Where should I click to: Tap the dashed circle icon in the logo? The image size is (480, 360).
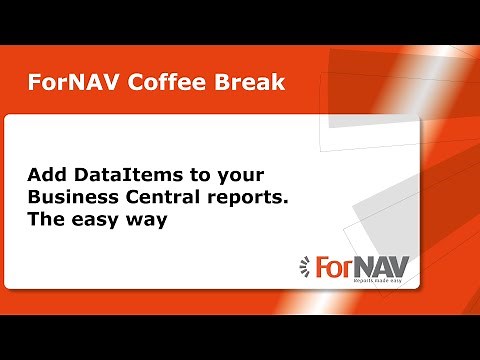point(306,267)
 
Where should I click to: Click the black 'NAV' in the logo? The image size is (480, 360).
point(381,267)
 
